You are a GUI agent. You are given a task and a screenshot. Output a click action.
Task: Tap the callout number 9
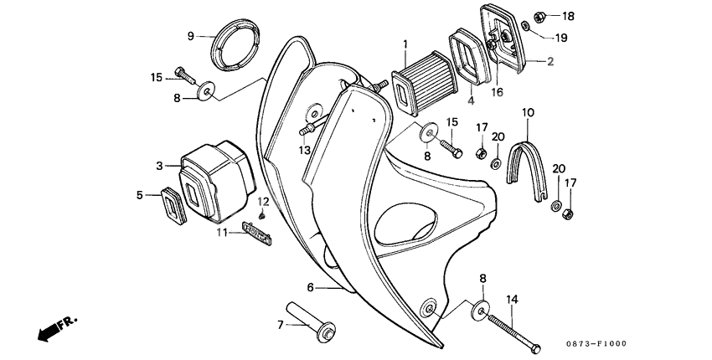click(190, 36)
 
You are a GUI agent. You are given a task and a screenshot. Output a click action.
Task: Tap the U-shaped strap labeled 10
click(527, 159)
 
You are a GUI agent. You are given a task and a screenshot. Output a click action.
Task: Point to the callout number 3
click(159, 167)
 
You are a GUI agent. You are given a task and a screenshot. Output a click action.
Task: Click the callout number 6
click(310, 287)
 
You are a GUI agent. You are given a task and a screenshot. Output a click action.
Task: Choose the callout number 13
click(306, 148)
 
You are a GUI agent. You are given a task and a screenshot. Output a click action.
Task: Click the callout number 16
click(497, 92)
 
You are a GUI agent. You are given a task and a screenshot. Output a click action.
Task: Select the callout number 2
click(550, 61)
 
